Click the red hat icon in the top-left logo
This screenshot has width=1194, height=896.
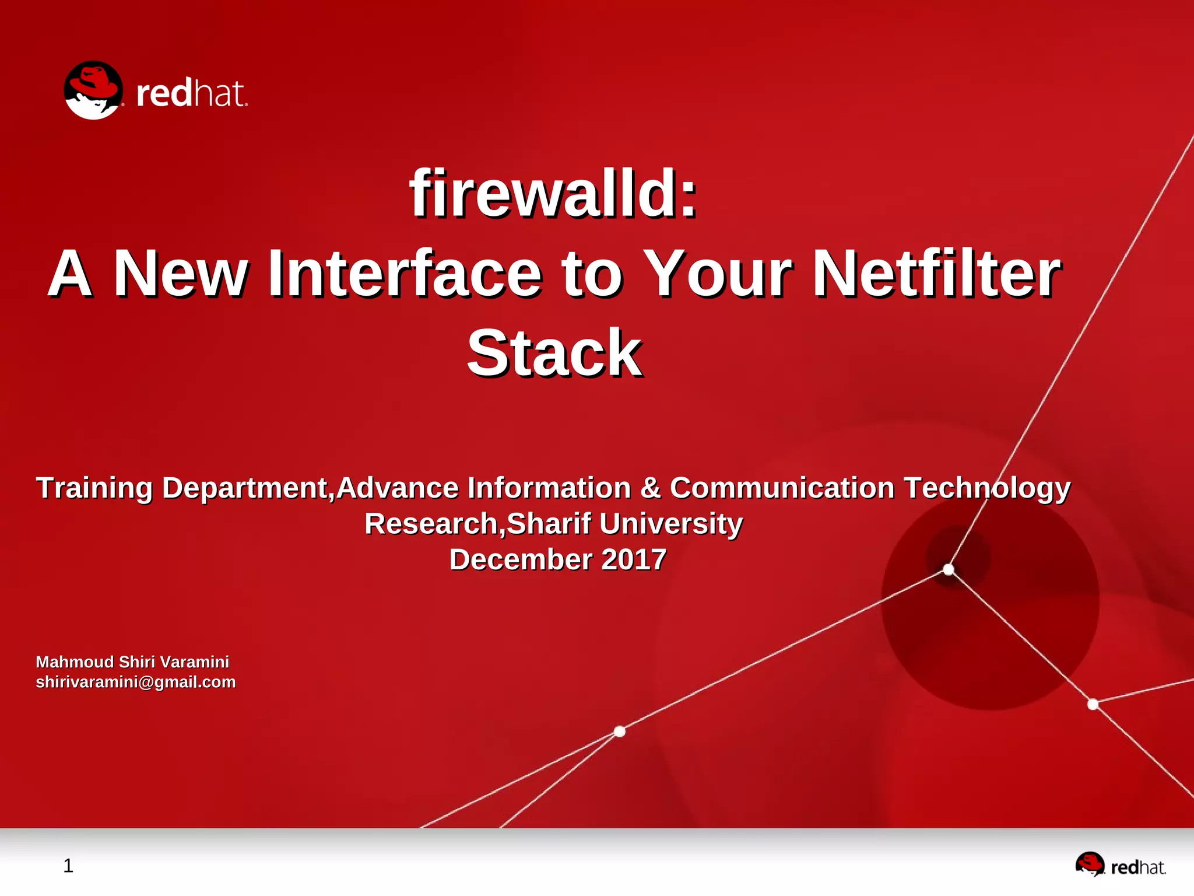93,90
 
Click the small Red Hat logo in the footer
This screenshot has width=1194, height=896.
1120,865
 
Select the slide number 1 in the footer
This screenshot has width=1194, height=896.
68,866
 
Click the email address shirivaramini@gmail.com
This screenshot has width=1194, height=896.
136,682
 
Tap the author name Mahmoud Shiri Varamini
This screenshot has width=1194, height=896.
132,662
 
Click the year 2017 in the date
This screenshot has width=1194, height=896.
634,559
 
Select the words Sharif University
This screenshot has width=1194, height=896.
624,523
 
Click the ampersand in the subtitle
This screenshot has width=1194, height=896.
650,488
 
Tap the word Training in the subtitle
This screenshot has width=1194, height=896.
94,488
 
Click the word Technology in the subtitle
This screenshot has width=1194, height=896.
986,488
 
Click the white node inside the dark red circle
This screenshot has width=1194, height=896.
949,569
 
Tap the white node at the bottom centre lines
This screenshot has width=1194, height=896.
620,731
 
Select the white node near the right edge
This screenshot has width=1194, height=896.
1093,705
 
